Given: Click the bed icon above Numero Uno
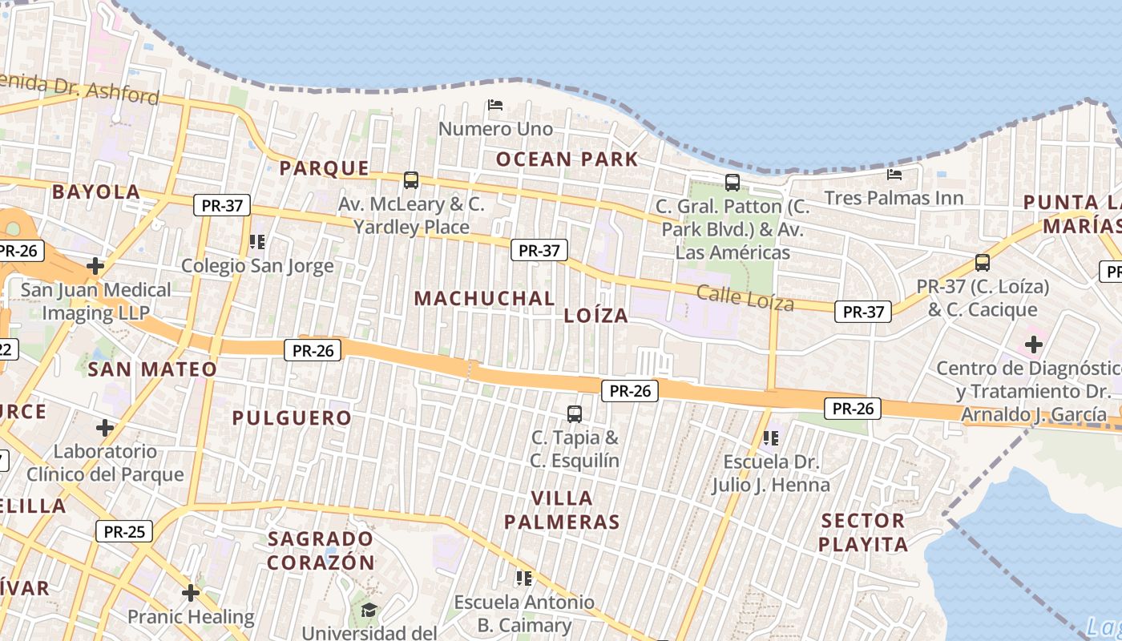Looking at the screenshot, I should tap(495, 105).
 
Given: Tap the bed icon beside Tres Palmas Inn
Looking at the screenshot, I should tap(894, 174).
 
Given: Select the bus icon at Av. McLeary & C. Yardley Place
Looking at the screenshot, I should tap(411, 180).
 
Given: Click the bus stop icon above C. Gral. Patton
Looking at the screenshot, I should tap(733, 182).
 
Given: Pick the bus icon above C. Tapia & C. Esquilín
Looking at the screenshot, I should tap(575, 414).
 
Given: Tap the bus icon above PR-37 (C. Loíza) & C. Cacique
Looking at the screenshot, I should tap(982, 262).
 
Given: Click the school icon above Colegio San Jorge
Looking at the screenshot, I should tap(257, 241).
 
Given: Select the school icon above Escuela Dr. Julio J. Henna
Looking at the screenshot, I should tap(771, 438).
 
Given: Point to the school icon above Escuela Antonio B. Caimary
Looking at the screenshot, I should tap(525, 578).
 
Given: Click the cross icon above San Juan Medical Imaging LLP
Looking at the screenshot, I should tap(95, 265).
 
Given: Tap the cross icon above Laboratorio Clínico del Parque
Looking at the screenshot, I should tap(105, 427).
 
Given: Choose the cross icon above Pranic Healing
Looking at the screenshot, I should tap(190, 593).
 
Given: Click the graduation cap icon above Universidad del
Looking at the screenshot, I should tap(369, 611).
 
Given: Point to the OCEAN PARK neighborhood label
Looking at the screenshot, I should tap(567, 159).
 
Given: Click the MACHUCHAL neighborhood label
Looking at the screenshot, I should tap(484, 298).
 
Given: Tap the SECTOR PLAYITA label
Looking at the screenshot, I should tap(863, 533).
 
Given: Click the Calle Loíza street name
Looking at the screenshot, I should tap(745, 297).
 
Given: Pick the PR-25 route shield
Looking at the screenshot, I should tap(124, 530).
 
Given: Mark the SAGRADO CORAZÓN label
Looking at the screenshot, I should tap(321, 550).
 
